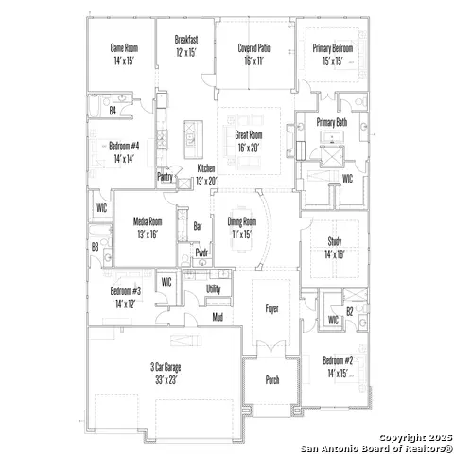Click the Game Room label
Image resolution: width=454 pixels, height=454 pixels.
point(123,47)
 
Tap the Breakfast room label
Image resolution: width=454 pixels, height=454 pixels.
point(186,39)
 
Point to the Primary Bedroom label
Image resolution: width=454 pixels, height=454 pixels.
point(335,47)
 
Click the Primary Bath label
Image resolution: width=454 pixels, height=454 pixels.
point(332,122)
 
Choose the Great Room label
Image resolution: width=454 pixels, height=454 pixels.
point(249,135)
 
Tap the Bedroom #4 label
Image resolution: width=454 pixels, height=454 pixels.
point(124,147)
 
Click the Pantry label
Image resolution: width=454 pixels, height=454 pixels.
point(165,176)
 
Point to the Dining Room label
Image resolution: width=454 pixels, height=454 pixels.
point(243,221)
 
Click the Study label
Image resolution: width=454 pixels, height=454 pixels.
point(335,241)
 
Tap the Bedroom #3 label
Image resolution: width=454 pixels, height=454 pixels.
point(125,291)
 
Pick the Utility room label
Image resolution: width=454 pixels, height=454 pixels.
point(214,288)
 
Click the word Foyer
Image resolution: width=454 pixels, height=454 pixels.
point(271,308)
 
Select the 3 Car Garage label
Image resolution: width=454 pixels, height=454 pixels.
point(165,366)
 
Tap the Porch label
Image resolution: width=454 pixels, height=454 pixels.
point(271,380)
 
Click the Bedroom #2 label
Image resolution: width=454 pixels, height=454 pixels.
point(337,361)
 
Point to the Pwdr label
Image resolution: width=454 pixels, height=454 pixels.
point(201,253)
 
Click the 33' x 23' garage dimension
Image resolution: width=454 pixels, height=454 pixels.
point(165,378)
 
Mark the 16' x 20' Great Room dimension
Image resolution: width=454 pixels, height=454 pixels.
point(249,148)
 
